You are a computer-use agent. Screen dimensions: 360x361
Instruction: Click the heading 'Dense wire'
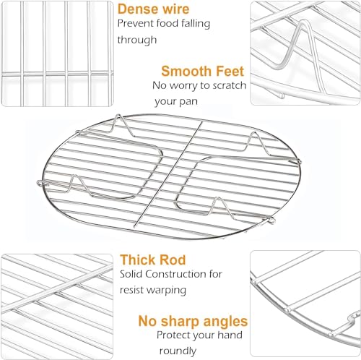pyautogui.click(x=154, y=9)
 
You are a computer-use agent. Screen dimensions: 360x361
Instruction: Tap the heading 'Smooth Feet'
pyautogui.click(x=202, y=71)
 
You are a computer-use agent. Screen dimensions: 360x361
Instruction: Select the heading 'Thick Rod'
pyautogui.click(x=153, y=260)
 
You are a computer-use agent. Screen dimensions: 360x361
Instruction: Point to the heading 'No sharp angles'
pyautogui.click(x=193, y=320)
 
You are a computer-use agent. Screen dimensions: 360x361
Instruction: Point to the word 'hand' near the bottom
pyautogui.click(x=235, y=336)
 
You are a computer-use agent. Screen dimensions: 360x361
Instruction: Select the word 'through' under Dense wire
pyautogui.click(x=136, y=40)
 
